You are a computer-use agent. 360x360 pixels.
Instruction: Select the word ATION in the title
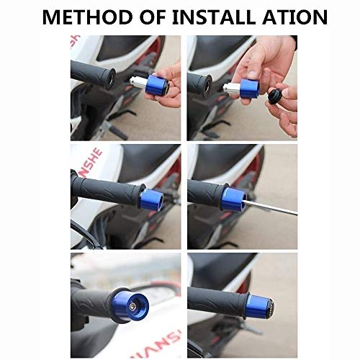tap(295, 17)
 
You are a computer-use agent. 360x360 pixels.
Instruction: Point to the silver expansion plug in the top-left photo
tap(138, 82)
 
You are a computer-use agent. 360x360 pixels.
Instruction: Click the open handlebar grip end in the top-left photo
tap(110, 78)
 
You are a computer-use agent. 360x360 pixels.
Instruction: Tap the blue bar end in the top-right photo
tap(249, 89)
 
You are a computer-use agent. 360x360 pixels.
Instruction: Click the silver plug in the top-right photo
tap(232, 87)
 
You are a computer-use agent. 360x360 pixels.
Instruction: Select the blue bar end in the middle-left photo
tap(151, 199)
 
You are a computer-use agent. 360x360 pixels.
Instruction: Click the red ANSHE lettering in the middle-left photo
tap(92, 163)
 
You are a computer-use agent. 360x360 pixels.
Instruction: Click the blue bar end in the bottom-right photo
tap(258, 307)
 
